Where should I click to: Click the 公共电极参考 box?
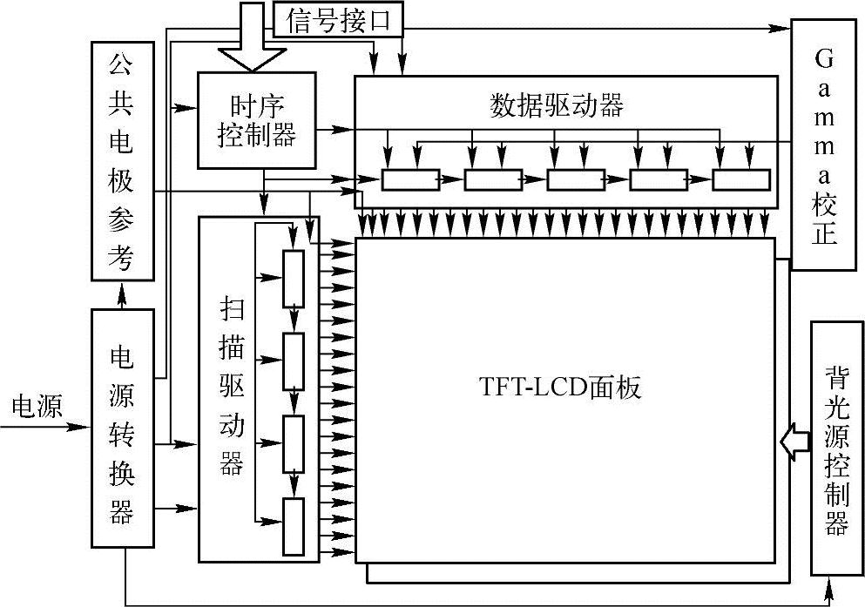point(123,161)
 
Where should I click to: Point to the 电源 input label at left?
point(37,407)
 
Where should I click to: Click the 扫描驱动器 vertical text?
point(231,388)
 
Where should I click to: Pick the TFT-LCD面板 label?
point(560,388)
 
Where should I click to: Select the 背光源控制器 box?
point(835,449)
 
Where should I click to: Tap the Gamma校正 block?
point(822,144)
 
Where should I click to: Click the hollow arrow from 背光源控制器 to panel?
point(794,442)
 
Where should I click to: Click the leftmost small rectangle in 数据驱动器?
point(410,180)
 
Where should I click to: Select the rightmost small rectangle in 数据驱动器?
point(741,180)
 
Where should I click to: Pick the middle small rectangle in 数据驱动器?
point(576,180)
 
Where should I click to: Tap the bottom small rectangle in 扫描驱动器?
point(294,526)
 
